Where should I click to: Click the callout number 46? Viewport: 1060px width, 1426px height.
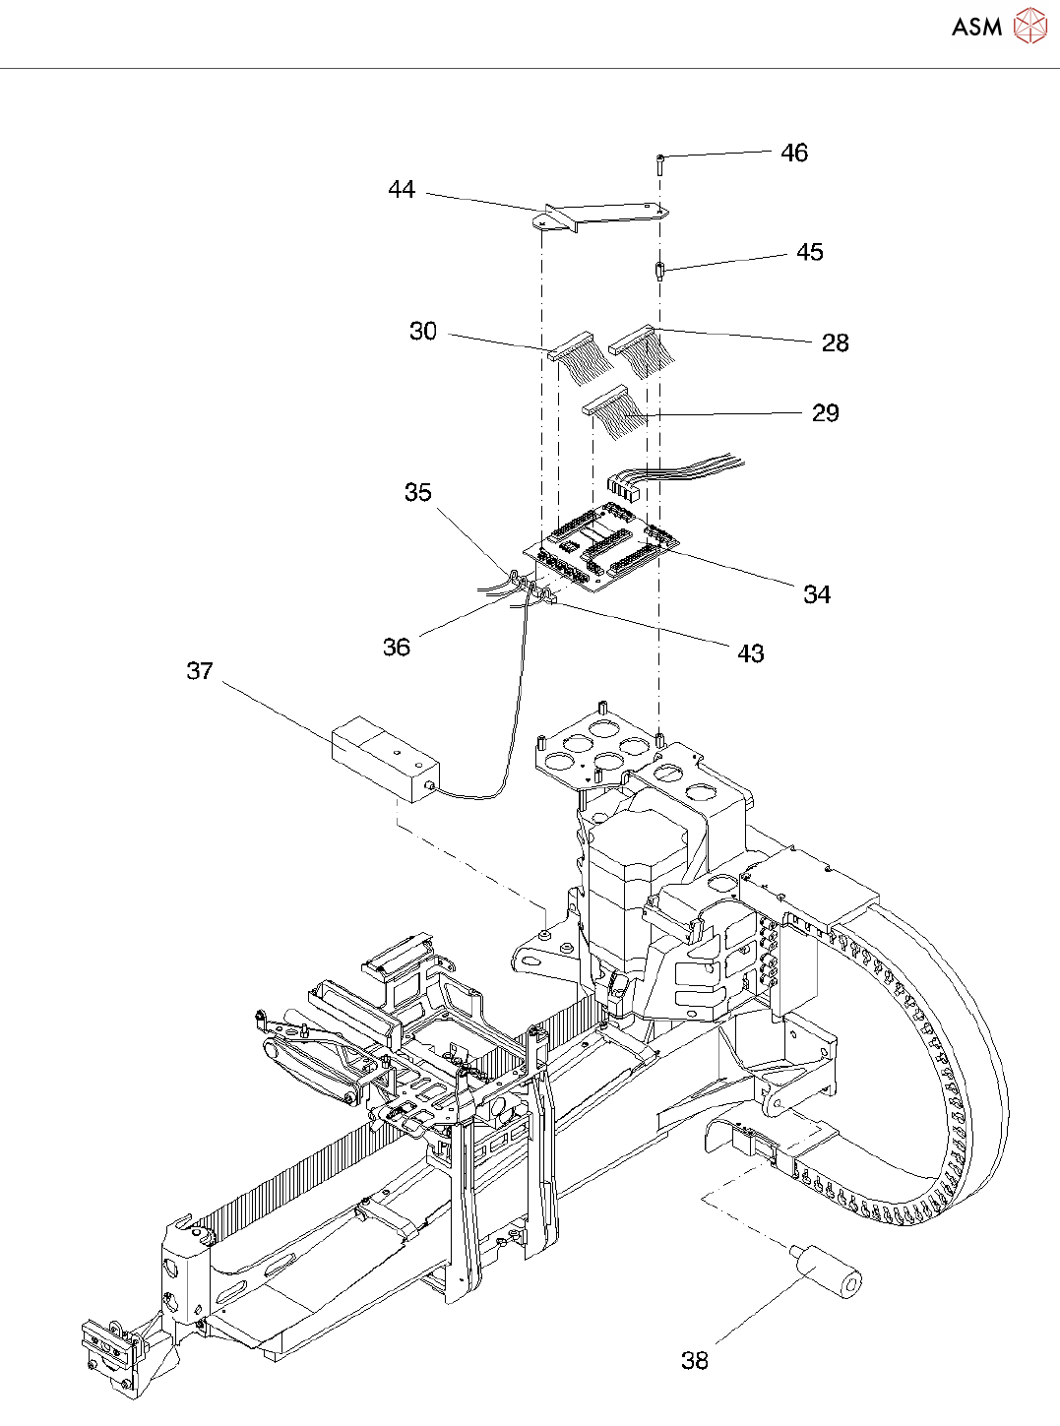click(794, 153)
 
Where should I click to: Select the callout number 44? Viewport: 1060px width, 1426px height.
click(402, 190)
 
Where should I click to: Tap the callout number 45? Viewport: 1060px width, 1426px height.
click(810, 252)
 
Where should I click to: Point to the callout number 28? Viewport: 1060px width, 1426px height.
click(835, 342)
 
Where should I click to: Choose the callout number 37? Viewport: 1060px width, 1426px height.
click(200, 671)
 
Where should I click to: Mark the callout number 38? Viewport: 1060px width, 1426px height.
click(695, 1360)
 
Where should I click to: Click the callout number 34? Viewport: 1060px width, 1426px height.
click(817, 594)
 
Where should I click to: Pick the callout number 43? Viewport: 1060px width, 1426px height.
click(751, 653)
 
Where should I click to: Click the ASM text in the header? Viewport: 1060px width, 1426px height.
click(977, 27)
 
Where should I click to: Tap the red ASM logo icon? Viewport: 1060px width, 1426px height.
click(1030, 26)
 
